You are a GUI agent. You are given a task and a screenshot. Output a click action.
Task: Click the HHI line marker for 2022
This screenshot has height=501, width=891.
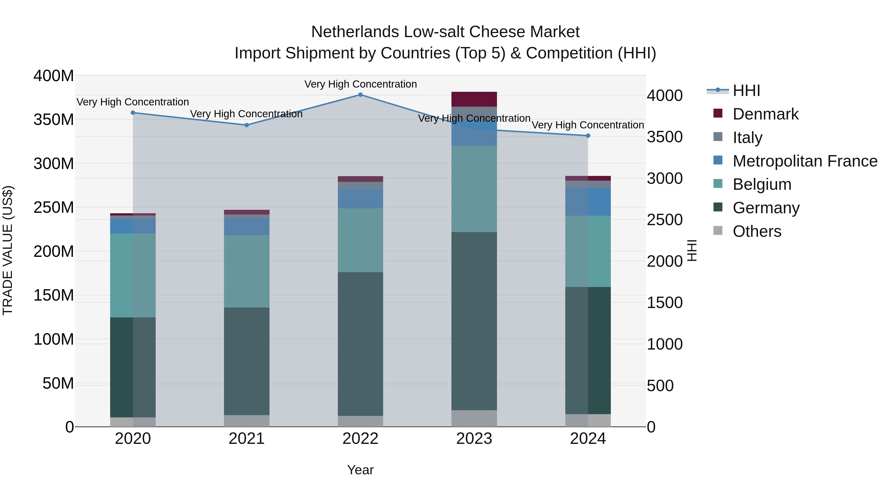(360, 95)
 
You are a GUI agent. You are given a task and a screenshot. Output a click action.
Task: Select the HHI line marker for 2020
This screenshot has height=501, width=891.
(133, 113)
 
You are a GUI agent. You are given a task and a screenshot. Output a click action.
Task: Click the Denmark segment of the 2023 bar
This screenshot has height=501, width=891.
(474, 99)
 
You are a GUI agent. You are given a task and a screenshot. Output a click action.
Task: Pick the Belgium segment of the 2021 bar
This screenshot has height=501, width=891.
(247, 271)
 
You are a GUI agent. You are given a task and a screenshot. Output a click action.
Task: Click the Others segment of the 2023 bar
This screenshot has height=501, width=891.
(474, 418)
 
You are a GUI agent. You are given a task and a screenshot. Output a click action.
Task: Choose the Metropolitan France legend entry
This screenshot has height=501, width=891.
(805, 161)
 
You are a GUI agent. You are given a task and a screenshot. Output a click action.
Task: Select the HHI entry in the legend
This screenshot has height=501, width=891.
(746, 91)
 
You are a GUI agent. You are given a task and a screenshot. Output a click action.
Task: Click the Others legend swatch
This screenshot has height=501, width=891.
(718, 231)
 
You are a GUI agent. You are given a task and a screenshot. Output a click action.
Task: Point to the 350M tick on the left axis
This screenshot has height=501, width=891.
(54, 120)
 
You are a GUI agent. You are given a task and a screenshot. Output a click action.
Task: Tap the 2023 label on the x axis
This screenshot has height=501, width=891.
(474, 439)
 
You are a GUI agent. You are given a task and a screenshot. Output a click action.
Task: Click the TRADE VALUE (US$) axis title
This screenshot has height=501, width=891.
(8, 250)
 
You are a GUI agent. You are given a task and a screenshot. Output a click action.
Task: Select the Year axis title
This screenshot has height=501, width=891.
(360, 470)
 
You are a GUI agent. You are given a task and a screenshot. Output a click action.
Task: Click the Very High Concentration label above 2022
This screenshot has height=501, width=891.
(360, 84)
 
